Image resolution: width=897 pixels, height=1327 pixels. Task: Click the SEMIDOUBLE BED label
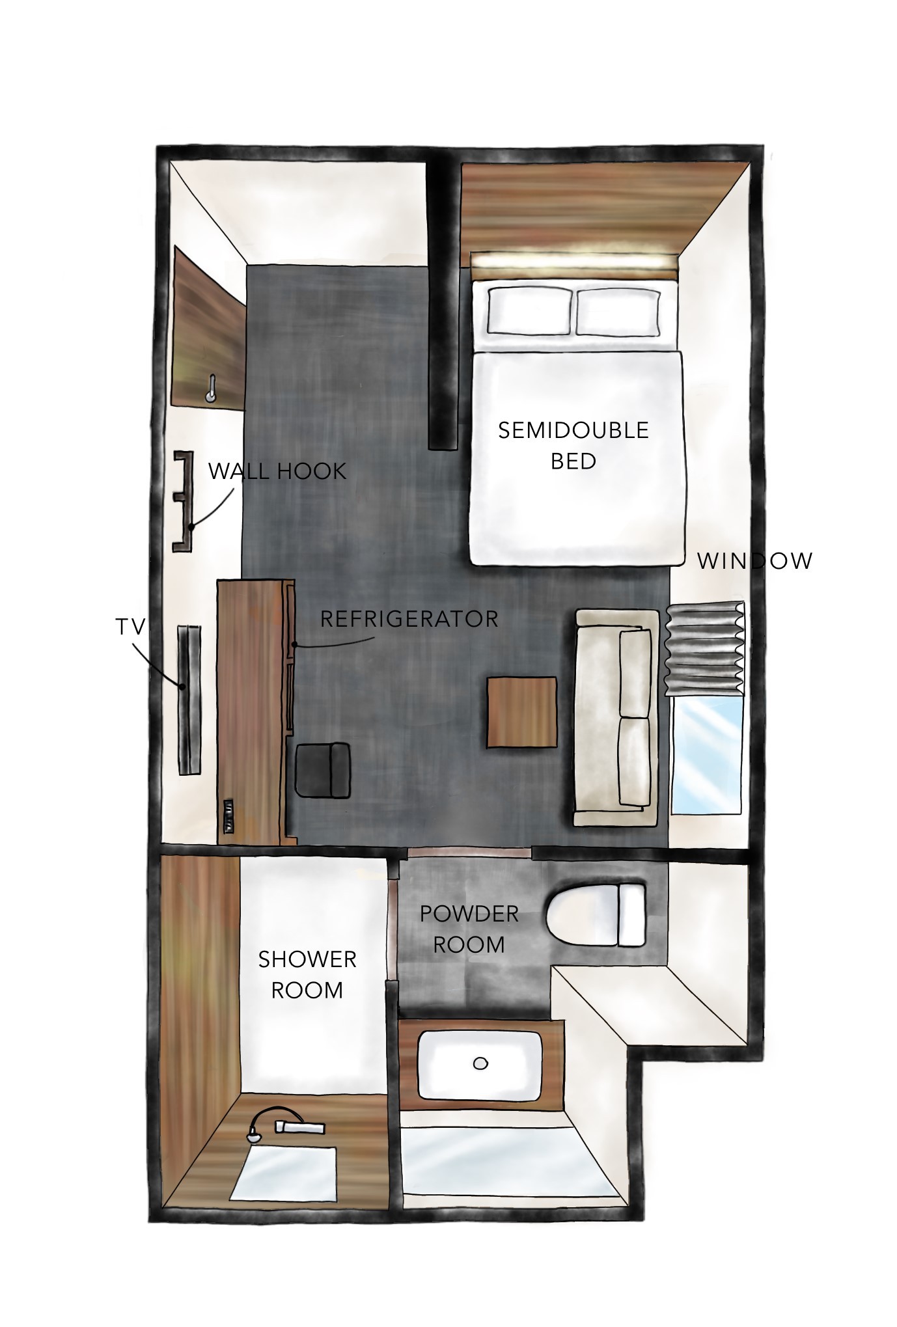click(573, 445)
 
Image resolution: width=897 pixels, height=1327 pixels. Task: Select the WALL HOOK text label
click(277, 471)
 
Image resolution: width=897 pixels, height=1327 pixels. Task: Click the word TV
click(130, 627)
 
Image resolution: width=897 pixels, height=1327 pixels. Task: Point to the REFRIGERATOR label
click(409, 618)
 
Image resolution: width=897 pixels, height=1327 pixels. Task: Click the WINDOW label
click(755, 561)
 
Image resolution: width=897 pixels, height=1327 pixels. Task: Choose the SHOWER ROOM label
click(307, 974)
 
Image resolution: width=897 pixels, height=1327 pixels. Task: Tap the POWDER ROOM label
click(469, 929)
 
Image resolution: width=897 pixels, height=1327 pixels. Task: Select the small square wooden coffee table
click(523, 712)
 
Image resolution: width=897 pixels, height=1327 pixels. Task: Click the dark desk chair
click(323, 770)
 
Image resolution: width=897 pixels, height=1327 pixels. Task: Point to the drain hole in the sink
click(480, 1063)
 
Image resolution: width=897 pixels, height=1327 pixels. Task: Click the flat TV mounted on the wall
click(190, 699)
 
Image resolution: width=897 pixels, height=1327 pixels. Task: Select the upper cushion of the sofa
click(635, 673)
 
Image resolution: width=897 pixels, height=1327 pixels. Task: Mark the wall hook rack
click(183, 501)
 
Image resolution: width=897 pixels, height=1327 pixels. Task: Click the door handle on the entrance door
click(210, 389)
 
